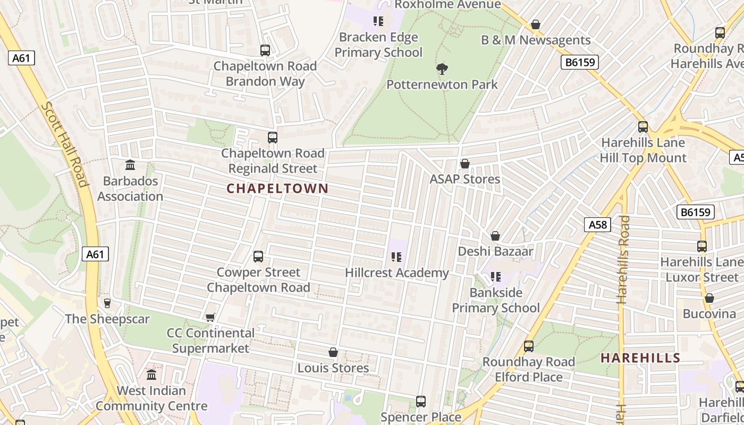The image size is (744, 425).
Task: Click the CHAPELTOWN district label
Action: [x=277, y=189]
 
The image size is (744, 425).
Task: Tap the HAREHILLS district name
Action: [x=640, y=358]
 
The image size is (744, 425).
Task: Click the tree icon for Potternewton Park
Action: [x=442, y=69]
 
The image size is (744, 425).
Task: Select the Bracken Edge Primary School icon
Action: [x=378, y=21]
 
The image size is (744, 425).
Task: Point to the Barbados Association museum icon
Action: [x=130, y=165]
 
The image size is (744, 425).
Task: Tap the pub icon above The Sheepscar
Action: [x=107, y=303]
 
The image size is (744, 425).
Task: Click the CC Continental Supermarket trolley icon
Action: [x=210, y=317]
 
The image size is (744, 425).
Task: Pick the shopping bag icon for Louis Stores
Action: [x=333, y=352]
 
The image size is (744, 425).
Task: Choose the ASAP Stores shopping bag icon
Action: [x=465, y=164]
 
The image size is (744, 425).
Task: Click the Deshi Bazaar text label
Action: [x=495, y=251]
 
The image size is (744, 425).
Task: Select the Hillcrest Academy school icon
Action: [x=396, y=257]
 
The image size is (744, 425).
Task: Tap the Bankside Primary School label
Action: [x=496, y=300]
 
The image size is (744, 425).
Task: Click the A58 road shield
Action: [x=597, y=225]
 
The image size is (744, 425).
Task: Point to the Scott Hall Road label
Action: [x=64, y=144]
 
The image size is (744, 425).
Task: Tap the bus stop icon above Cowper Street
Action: [x=258, y=257]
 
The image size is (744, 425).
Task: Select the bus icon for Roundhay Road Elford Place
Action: [x=529, y=346]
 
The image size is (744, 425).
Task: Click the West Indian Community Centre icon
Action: [x=151, y=375]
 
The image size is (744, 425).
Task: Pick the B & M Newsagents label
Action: [x=536, y=40]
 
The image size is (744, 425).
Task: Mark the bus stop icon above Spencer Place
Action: [x=421, y=402]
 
